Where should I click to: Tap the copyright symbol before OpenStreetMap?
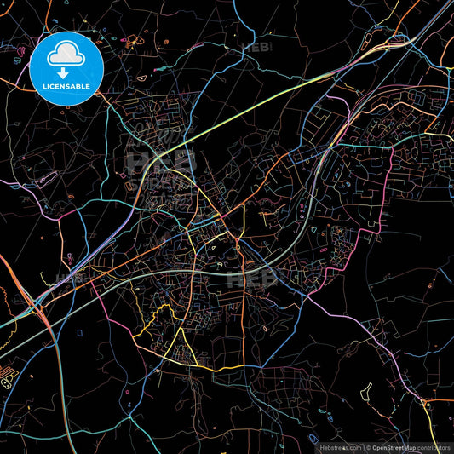click(370, 446)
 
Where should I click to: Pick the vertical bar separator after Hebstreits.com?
click(365, 446)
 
